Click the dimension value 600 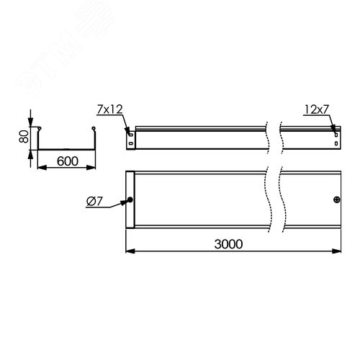(66, 162)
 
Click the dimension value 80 (24, 137)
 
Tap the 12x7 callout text (316, 109)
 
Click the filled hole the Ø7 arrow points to (130, 201)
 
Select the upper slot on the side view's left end (130, 132)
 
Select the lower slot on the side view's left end (130, 142)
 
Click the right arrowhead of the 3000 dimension (340, 251)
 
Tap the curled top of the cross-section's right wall (92, 130)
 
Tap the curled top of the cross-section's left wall (40, 130)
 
